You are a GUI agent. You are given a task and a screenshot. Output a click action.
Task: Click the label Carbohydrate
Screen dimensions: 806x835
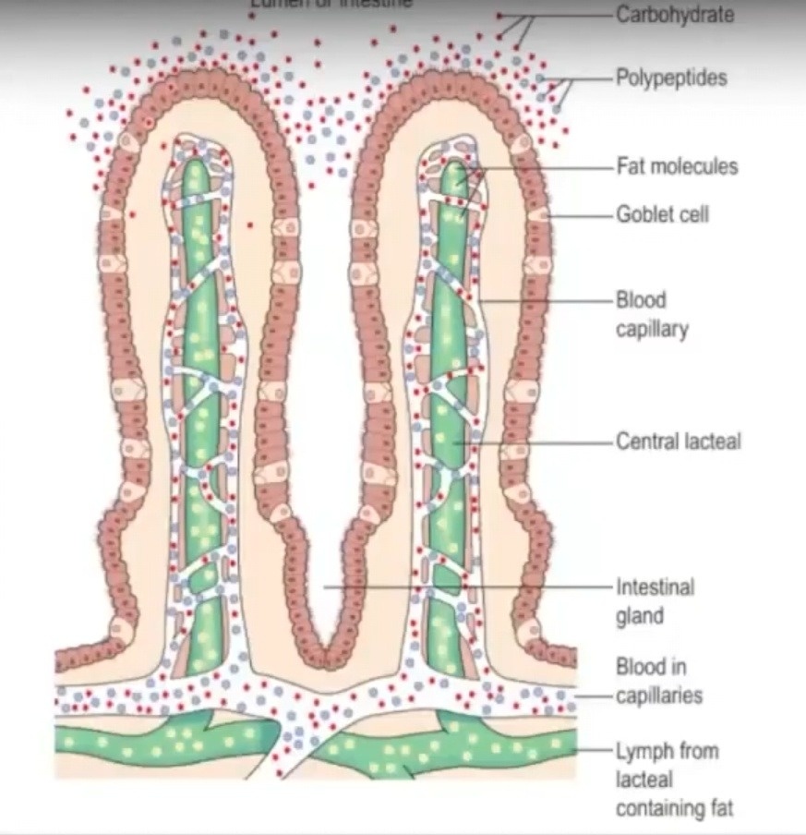pyautogui.click(x=675, y=16)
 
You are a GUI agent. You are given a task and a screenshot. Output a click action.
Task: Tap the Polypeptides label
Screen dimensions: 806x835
pyautogui.click(x=671, y=78)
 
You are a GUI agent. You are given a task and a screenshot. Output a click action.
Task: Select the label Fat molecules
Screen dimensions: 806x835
pyautogui.click(x=677, y=167)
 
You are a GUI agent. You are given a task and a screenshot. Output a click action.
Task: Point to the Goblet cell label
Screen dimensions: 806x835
pyautogui.click(x=662, y=214)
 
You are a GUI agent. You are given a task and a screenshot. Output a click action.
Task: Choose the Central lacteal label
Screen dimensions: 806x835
pyautogui.click(x=678, y=442)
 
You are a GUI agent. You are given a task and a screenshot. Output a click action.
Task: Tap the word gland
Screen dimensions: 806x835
pyautogui.click(x=639, y=615)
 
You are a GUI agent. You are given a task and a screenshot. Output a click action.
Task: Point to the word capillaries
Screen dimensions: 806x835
pyautogui.click(x=658, y=696)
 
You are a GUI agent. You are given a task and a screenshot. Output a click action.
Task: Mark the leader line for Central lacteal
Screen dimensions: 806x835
pyautogui.click(x=545, y=442)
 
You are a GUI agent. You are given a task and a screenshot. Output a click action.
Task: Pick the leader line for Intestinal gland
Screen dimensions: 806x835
pyautogui.click(x=462, y=587)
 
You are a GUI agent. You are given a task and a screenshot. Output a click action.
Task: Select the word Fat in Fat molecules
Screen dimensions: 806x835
pyautogui.click(x=631, y=167)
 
